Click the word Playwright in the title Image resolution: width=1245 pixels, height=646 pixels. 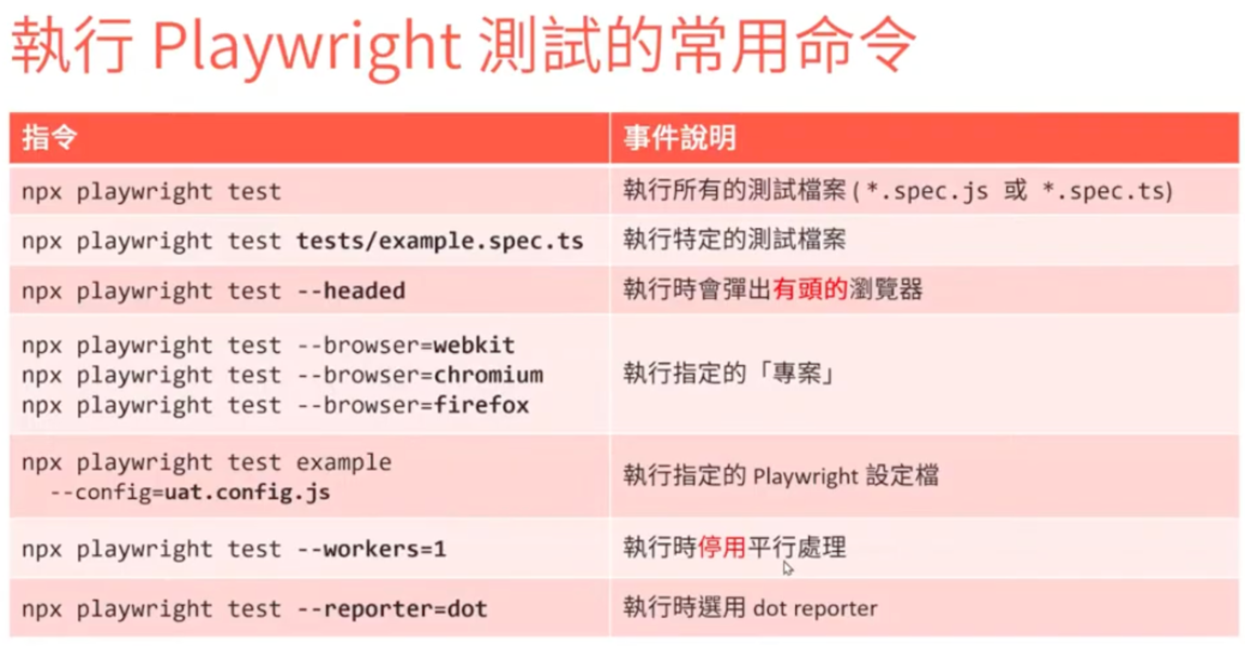tap(306, 48)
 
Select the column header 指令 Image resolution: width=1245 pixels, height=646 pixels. tap(49, 137)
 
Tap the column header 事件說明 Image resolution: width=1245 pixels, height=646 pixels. tap(679, 137)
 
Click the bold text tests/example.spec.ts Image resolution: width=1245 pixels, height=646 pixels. tap(440, 241)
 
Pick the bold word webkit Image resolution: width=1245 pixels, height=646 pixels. tap(474, 345)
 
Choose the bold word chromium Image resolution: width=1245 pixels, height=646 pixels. tap(488, 375)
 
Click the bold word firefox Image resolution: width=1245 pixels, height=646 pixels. tap(481, 405)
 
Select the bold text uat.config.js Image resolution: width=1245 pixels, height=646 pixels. tap(247, 492)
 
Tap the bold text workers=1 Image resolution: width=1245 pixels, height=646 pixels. tap(384, 549)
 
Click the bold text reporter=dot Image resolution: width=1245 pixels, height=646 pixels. tap(405, 609)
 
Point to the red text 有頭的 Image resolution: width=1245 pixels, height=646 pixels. tap(810, 289)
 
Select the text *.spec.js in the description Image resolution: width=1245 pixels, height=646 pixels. tap(927, 191)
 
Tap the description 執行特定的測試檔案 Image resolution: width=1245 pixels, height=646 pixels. tap(735, 239)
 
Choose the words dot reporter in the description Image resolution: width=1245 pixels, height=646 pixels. tap(815, 608)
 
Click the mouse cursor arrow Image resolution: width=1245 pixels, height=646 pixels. tap(787, 568)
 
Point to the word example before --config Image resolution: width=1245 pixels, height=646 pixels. tap(344, 463)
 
